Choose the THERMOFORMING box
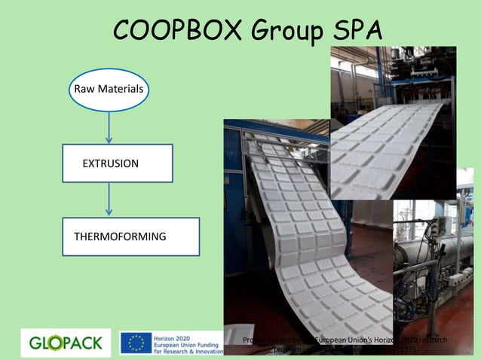coord(130,236)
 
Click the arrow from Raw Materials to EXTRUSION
coord(110,128)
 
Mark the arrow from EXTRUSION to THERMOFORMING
coord(110,200)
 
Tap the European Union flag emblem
coord(136,343)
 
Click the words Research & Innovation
coord(188,351)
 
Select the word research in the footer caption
coord(431,340)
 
